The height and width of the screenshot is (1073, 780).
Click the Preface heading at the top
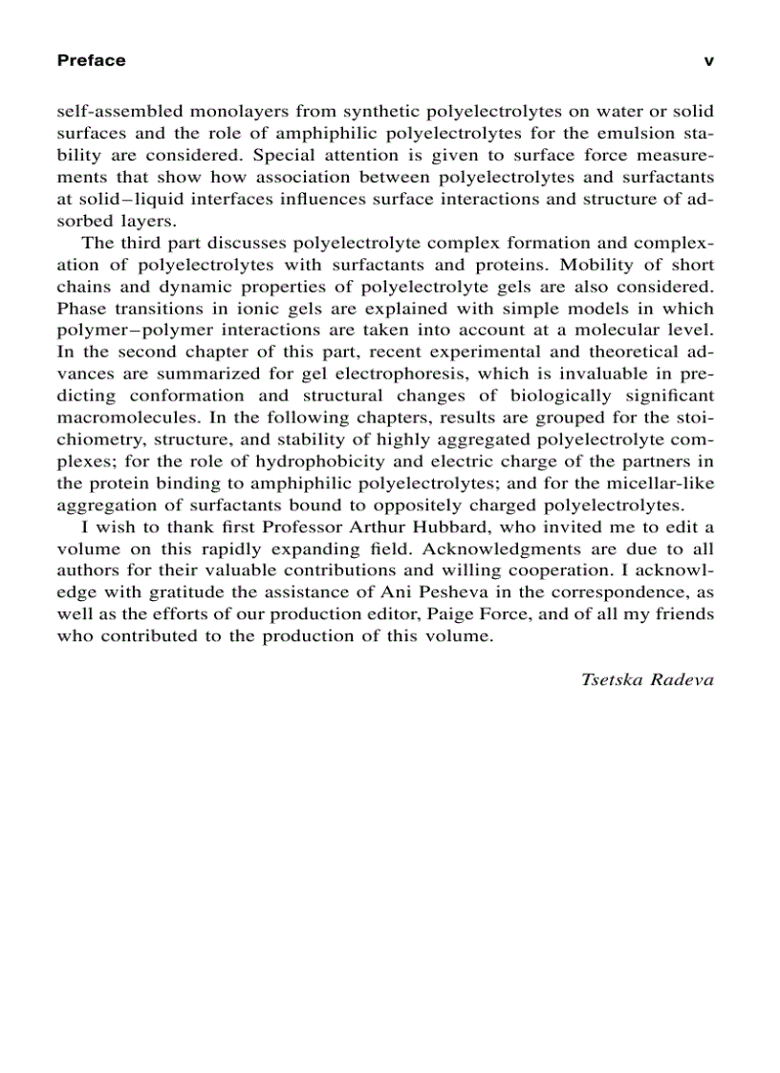click(91, 61)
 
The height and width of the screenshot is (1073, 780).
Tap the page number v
click(708, 61)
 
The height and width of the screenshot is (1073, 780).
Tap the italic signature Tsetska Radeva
click(646, 680)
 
